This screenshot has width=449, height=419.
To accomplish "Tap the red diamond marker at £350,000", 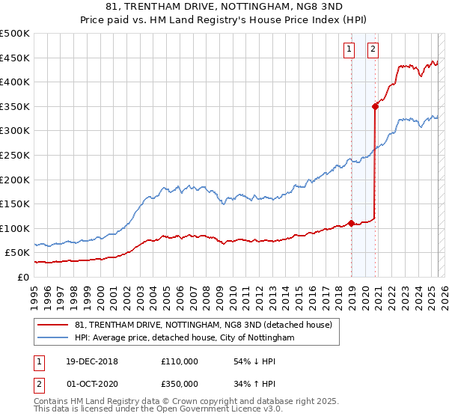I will (x=375, y=106).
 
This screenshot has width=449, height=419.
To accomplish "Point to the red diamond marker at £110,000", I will (x=351, y=223).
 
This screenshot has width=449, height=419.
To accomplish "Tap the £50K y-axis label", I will (x=18, y=253).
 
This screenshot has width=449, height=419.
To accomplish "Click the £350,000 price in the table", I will (x=180, y=384).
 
